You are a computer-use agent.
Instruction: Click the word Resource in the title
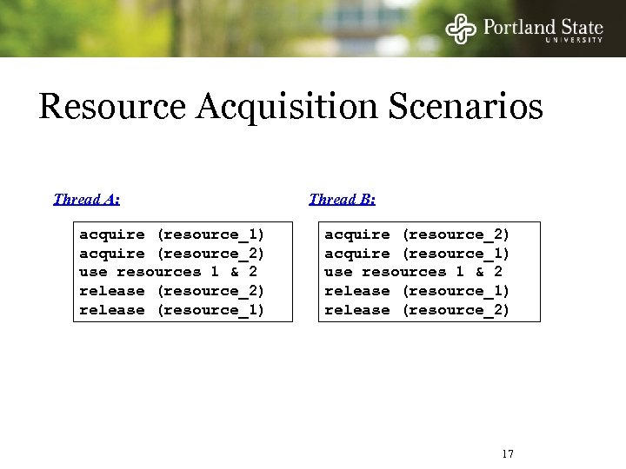(113, 108)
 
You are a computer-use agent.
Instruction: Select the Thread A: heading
(86, 199)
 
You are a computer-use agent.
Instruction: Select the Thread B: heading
(342, 199)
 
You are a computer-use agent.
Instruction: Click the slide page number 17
(509, 453)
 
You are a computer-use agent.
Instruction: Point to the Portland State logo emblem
(461, 29)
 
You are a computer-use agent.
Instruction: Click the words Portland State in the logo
(543, 26)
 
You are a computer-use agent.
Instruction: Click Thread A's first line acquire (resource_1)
(171, 234)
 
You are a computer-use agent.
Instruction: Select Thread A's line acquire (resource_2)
(171, 254)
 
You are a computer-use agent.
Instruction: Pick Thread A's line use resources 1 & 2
(167, 272)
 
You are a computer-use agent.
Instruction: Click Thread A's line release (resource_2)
(171, 291)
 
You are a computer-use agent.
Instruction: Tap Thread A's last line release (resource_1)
(171, 310)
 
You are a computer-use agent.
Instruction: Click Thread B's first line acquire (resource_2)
(416, 234)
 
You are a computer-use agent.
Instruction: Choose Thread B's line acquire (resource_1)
(416, 254)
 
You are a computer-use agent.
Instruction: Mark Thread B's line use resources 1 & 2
(412, 272)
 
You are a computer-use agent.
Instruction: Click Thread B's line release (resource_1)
(416, 291)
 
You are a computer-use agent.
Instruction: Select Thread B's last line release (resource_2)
(416, 310)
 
